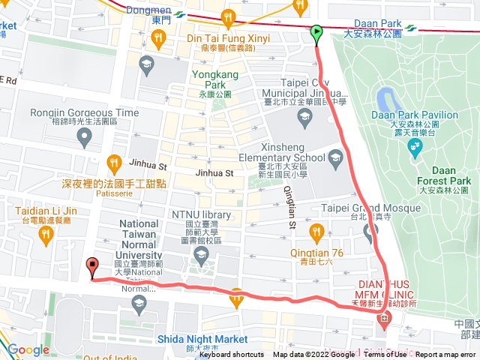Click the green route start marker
point(316,32)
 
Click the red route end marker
point(92,265)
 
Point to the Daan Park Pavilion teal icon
point(415,148)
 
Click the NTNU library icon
point(200,256)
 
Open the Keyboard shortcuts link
point(232,355)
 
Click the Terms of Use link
point(385,355)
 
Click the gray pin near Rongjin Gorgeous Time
point(85,136)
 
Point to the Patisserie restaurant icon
point(114,161)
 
